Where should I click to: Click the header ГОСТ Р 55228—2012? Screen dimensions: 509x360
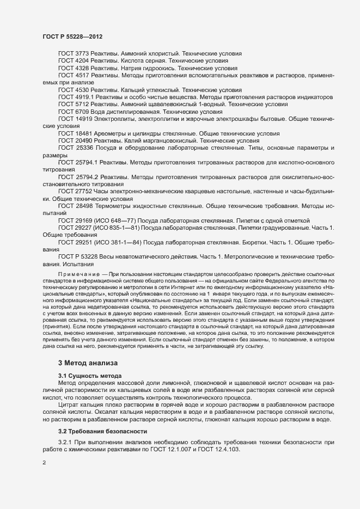click(72, 36)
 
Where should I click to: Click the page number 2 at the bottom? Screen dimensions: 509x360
click(44, 463)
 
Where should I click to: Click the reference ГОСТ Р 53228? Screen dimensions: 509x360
click(78, 255)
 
